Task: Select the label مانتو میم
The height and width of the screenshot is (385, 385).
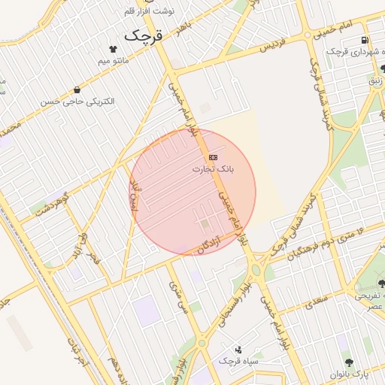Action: pos(114,59)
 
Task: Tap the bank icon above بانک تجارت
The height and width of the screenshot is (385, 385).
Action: pos(213,157)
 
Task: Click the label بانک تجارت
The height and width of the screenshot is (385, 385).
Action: pos(213,170)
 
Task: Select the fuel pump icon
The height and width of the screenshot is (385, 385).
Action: pos(365,40)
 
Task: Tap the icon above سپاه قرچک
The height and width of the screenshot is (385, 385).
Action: pos(238,349)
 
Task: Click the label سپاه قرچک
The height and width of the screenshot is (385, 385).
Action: pos(238,362)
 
